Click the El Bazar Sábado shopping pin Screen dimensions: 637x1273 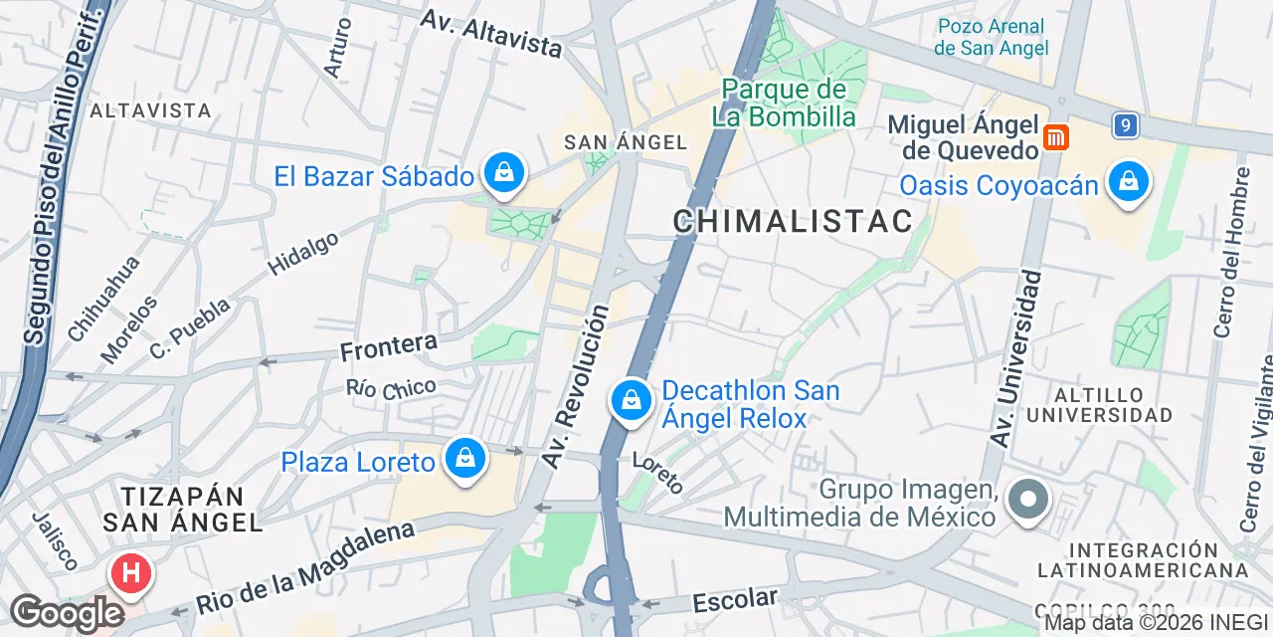504,174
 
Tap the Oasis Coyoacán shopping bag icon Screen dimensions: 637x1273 1128,183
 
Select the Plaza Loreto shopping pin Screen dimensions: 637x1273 463,459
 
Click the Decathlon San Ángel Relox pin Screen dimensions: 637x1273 631,401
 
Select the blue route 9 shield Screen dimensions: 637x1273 1125,125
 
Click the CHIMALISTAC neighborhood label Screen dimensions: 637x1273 793,221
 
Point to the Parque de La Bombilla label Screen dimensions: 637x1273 784,104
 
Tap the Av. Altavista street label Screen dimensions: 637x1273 490,33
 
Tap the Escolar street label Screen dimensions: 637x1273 735,600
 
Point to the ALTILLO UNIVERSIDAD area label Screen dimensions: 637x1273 1100,404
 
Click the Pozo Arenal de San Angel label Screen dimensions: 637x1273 991,37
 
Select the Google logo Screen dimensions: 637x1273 66,613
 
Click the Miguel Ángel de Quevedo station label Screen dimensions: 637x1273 963,137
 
